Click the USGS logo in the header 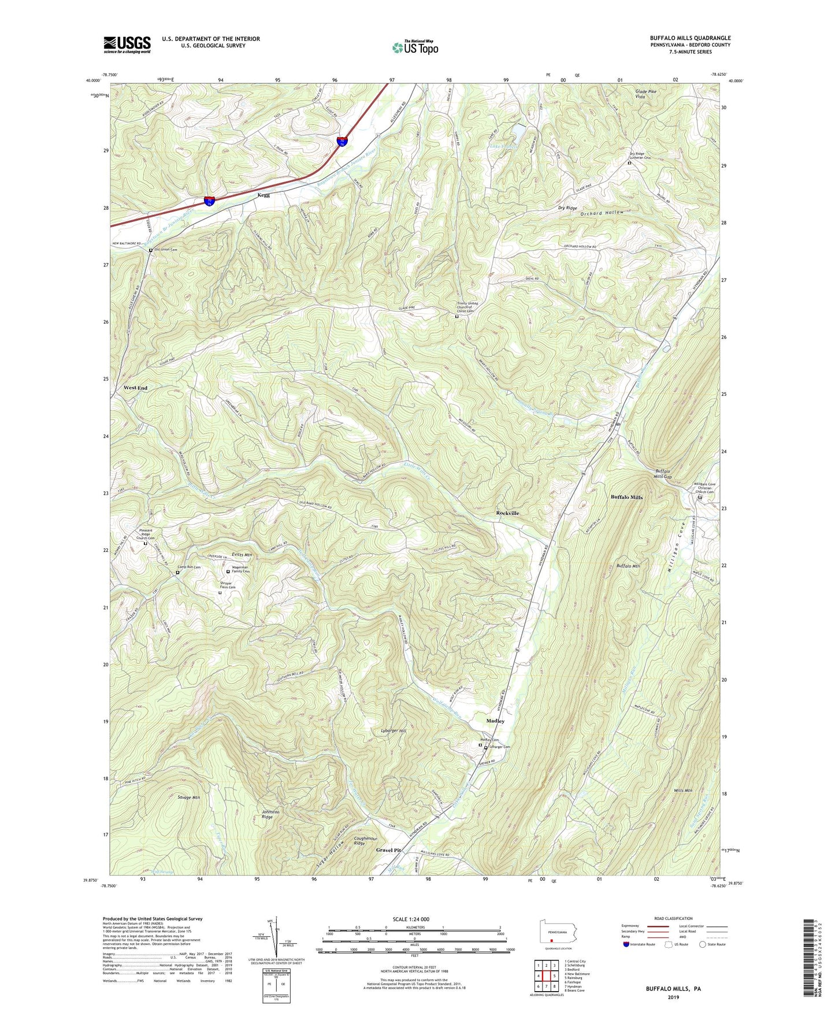click(x=127, y=44)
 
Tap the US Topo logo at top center click(x=415, y=47)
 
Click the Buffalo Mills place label click(x=626, y=497)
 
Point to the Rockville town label click(x=507, y=513)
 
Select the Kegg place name click(x=263, y=195)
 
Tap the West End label click(x=135, y=388)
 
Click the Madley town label click(x=495, y=721)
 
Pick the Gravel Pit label click(x=388, y=850)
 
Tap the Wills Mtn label click(x=682, y=790)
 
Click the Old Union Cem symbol click(x=151, y=250)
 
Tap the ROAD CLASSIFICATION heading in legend click(x=673, y=918)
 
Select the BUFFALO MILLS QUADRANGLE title click(x=690, y=38)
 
